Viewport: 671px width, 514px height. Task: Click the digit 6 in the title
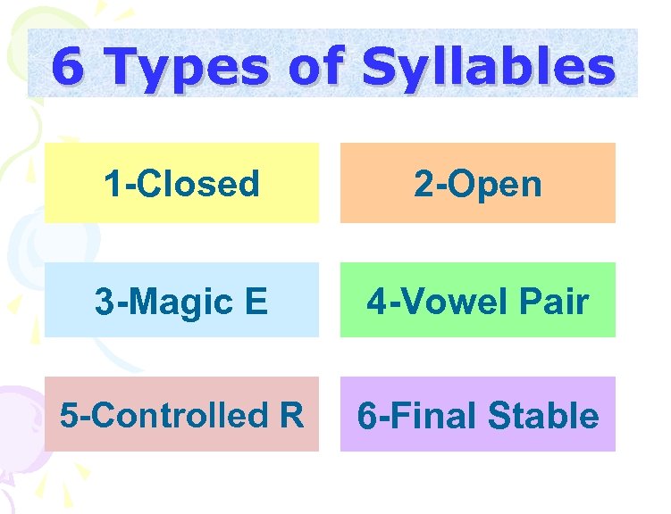point(64,67)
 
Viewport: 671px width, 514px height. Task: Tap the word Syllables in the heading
point(488,69)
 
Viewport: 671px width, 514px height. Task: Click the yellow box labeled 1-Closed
point(181,183)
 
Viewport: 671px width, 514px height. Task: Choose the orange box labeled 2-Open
point(477,183)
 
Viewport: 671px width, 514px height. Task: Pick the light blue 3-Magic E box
point(181,300)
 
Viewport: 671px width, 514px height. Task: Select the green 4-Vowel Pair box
point(477,300)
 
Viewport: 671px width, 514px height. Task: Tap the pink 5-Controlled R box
point(181,414)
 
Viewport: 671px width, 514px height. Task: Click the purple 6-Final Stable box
point(477,414)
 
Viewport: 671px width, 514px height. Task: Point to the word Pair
point(556,301)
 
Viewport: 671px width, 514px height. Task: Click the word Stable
point(543,416)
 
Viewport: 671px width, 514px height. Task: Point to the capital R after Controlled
point(290,415)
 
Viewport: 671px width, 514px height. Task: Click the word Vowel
point(454,301)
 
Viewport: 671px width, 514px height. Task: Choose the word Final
point(428,416)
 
